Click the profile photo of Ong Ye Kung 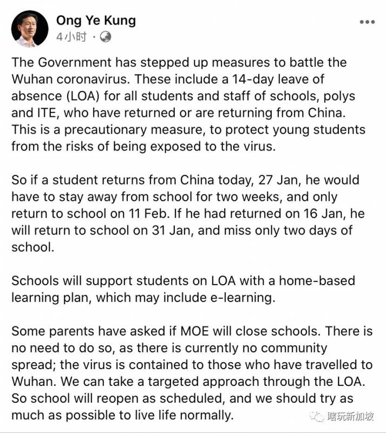pyautogui.click(x=30, y=28)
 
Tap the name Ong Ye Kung pyautogui.click(x=96, y=21)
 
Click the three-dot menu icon pyautogui.click(x=367, y=22)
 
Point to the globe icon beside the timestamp pyautogui.click(x=106, y=37)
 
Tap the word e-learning pyautogui.click(x=240, y=298)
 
